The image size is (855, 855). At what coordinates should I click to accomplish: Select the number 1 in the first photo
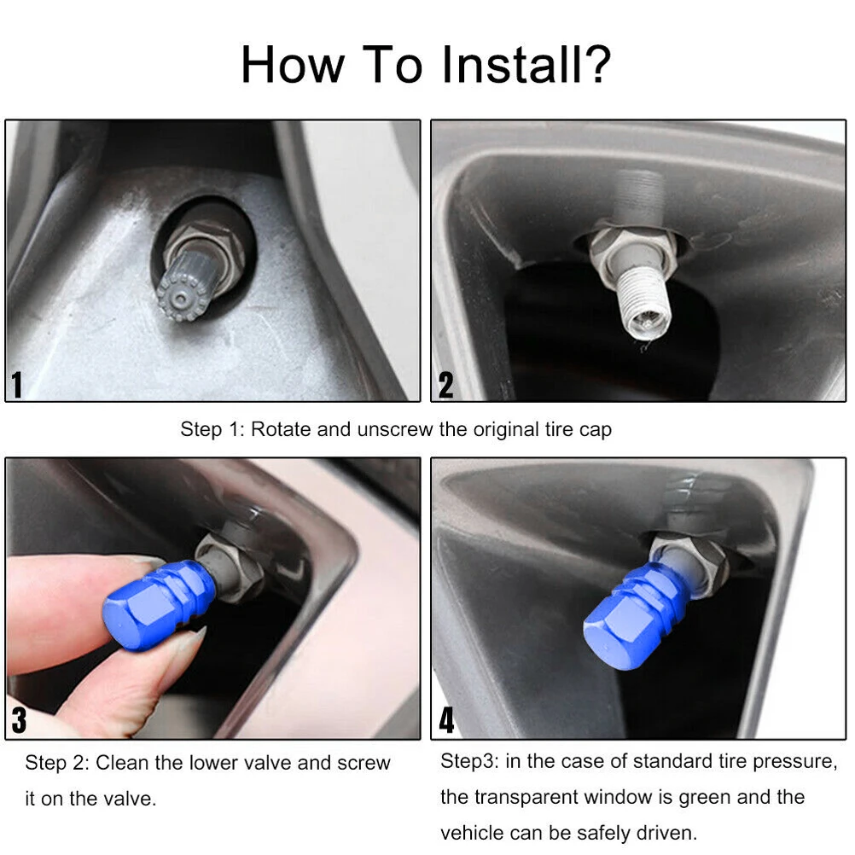17,385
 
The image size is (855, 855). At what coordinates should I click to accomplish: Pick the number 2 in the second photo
446,385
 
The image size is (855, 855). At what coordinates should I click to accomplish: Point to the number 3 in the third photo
19,720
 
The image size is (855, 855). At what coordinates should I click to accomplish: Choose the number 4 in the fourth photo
446,720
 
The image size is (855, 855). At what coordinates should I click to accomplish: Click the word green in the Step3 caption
703,797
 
